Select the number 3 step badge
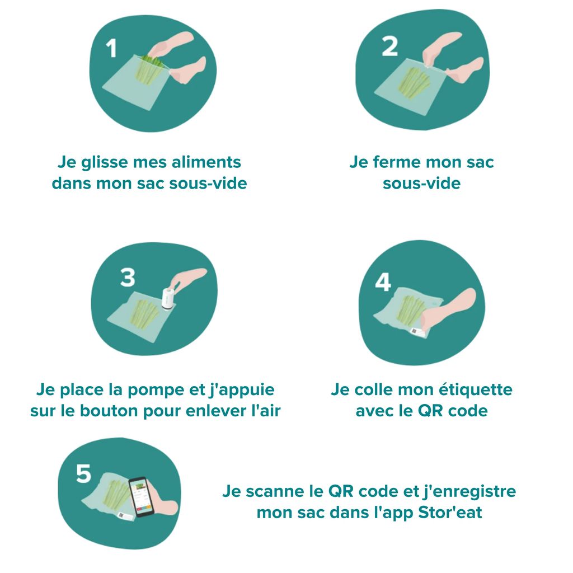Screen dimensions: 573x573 pos(128,277)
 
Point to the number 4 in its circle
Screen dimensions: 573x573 pos(383,283)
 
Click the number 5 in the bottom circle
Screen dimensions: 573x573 pos(83,474)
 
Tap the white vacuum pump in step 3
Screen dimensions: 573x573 pos(167,298)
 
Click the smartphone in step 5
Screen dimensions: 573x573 pos(141,496)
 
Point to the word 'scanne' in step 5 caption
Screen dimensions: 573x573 pos(271,491)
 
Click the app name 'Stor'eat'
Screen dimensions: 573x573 pos(450,513)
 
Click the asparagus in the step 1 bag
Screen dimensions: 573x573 pos(149,71)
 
